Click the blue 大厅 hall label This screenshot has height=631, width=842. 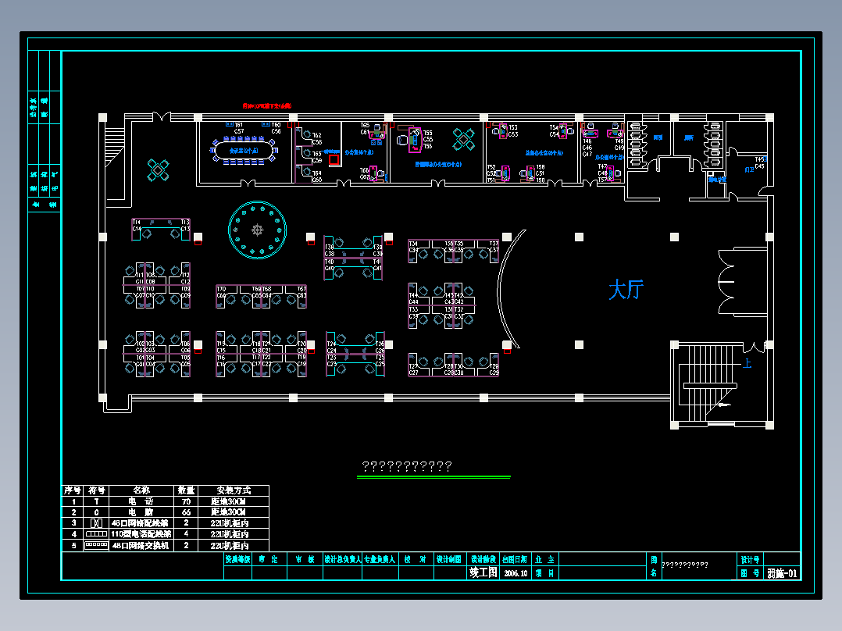coord(625,291)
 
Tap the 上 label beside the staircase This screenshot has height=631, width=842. coord(747,363)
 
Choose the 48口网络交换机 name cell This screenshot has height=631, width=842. coord(140,545)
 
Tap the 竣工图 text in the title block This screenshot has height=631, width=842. coord(483,572)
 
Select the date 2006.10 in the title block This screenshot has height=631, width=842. coord(517,572)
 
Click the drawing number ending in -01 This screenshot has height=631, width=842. coord(782,573)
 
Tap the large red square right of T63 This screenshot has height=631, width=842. coord(334,160)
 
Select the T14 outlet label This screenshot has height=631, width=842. coord(137,223)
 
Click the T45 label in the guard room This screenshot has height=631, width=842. coord(759,159)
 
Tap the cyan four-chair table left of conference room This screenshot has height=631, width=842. coord(158,169)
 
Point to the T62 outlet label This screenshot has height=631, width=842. coord(316,136)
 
